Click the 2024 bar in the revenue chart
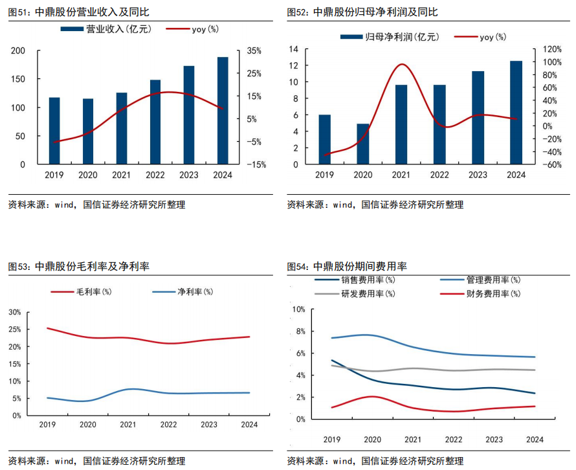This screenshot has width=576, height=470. point(223,111)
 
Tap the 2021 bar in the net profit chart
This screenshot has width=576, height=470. point(401,124)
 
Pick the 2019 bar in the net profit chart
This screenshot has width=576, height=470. point(324,139)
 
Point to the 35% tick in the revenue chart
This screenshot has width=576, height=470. point(254,50)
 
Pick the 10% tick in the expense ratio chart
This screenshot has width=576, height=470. point(298,309)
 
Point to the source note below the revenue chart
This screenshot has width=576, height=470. point(96,205)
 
